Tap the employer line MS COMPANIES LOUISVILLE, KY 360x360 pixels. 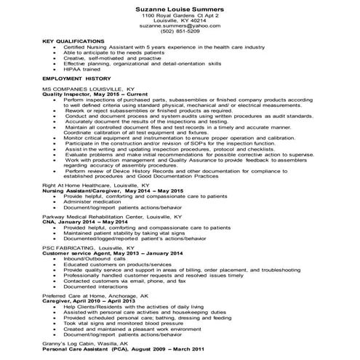[83, 88]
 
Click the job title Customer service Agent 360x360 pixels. [76, 252]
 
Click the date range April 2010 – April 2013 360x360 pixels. [98, 303]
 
